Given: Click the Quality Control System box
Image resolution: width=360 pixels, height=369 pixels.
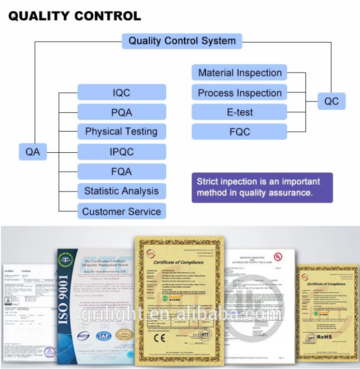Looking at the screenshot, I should [x=182, y=41].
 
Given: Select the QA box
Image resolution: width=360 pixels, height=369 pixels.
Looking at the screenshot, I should [x=33, y=153].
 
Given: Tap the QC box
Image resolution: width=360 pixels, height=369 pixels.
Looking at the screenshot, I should [x=331, y=102].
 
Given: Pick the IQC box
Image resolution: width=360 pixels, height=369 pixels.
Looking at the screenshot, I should [x=121, y=92].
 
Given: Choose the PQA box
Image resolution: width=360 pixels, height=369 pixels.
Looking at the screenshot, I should [x=121, y=112].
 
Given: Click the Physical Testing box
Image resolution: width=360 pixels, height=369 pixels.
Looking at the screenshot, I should [x=121, y=132].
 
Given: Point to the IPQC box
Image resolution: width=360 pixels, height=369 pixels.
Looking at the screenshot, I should [x=121, y=152].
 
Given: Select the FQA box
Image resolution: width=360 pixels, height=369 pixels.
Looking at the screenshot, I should [x=121, y=172].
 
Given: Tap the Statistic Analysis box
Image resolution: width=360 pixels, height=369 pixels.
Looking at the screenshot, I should [x=121, y=191].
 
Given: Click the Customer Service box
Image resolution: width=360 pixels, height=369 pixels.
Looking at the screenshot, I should [x=121, y=211].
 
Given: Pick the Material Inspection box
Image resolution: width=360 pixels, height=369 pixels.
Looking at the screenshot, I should [x=240, y=73].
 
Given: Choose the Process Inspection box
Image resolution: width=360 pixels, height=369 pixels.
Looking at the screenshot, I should [x=240, y=93].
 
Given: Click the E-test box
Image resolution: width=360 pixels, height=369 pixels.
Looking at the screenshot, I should [x=240, y=112].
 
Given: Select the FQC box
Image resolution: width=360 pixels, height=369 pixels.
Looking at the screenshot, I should [x=240, y=132].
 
